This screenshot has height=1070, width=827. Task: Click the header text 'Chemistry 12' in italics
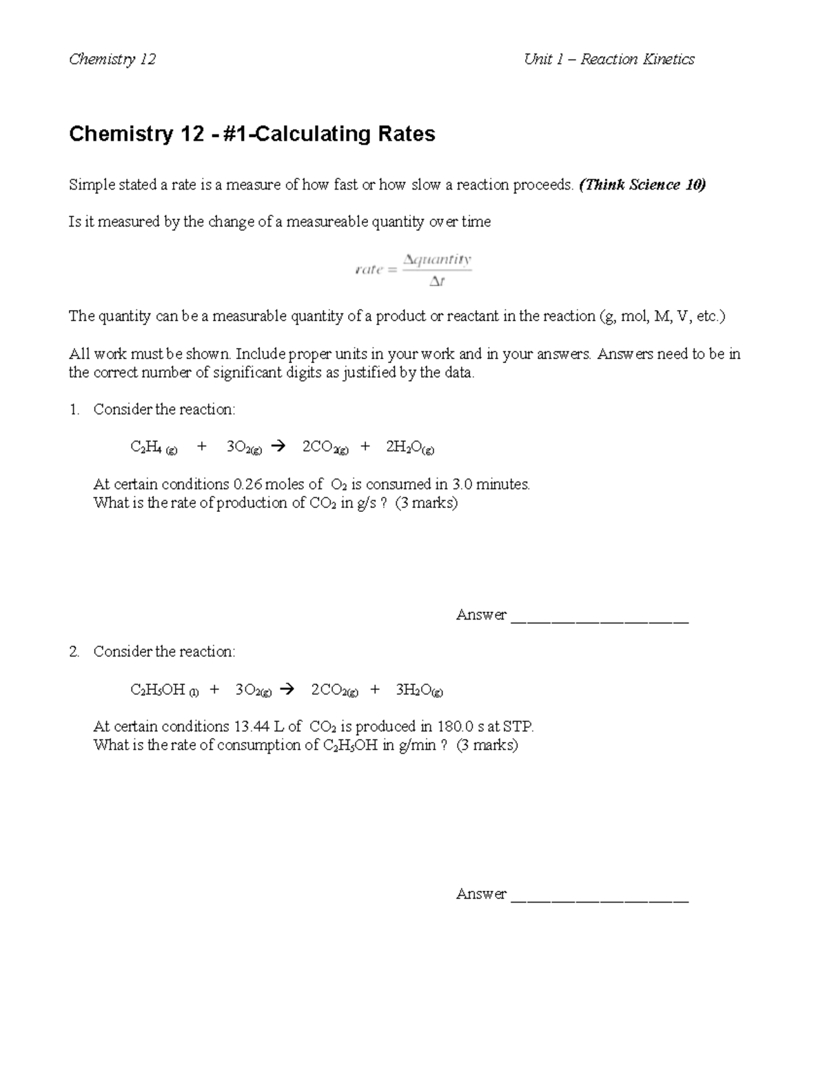pos(112,59)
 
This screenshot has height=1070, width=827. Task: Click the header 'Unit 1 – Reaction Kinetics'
pos(609,59)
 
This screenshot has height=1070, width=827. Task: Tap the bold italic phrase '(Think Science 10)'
pos(642,185)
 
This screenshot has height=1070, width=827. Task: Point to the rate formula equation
pos(413,270)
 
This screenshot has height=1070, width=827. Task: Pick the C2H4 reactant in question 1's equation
pos(153,448)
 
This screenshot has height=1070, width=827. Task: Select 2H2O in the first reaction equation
pos(409,448)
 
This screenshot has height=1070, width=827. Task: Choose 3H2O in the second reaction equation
pos(419,690)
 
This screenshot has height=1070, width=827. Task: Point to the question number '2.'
pos(74,652)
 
